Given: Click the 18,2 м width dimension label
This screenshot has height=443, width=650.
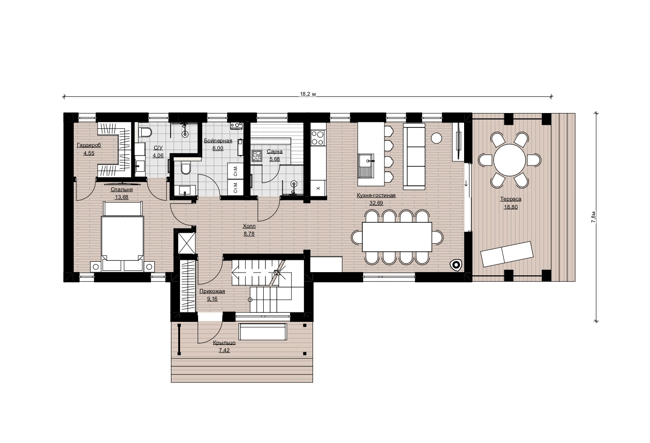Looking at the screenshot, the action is click(x=308, y=94).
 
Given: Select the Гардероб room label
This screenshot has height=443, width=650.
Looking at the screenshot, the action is click(x=89, y=145).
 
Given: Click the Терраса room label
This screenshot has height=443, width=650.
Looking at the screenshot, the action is click(x=511, y=199).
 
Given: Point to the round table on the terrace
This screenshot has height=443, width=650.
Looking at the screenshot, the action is click(x=509, y=160).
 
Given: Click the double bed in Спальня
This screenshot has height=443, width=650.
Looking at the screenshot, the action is click(x=123, y=236).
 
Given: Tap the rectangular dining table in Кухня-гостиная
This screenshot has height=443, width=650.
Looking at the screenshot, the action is click(x=397, y=237).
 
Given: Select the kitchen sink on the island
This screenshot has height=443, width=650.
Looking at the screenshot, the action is click(x=366, y=165).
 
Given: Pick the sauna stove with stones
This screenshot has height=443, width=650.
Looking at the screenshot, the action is click(x=257, y=156).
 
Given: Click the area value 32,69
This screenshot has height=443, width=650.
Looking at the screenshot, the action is click(x=376, y=203).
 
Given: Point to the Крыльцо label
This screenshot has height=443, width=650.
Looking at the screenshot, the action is click(x=224, y=343).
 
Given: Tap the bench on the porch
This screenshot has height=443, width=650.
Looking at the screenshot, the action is click(x=263, y=332).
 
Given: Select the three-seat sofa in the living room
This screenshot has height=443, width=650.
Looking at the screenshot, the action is click(x=414, y=156).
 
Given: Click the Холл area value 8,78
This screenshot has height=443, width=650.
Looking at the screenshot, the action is click(x=249, y=234).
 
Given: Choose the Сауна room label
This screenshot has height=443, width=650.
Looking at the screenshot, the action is click(x=275, y=151).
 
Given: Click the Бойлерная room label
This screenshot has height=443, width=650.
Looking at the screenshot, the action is click(x=218, y=141).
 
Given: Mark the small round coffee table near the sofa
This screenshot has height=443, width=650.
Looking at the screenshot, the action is click(x=436, y=138).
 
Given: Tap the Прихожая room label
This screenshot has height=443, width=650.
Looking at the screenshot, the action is click(x=212, y=292).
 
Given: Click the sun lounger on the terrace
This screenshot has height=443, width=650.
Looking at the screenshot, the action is click(x=507, y=254).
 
